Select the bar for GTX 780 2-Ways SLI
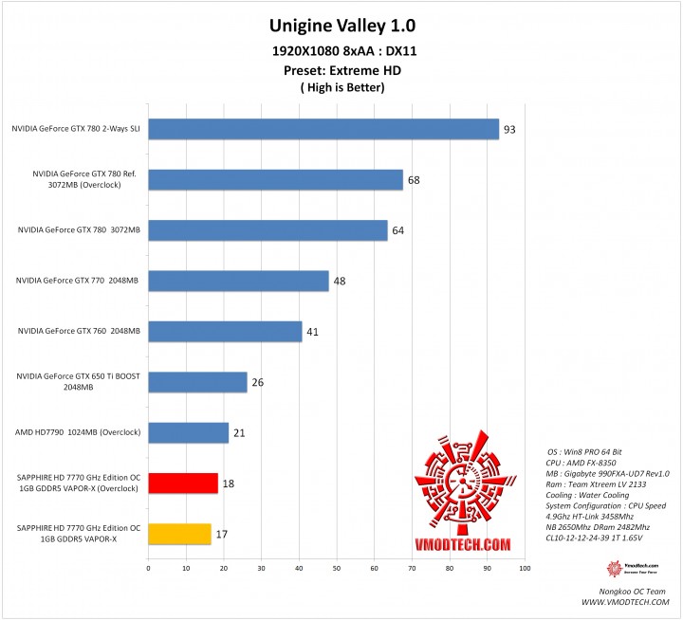click(323, 129)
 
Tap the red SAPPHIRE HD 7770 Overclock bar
click(183, 483)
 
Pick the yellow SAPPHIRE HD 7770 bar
click(179, 534)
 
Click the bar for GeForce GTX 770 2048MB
click(238, 281)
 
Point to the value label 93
click(509, 129)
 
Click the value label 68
click(414, 180)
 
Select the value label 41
click(312, 332)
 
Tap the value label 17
click(222, 535)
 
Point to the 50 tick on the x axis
click(336, 569)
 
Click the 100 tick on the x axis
click(524, 569)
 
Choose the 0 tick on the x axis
click(148, 569)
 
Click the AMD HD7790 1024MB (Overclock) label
click(79, 432)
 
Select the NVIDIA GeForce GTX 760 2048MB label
click(79, 331)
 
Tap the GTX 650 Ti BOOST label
click(79, 381)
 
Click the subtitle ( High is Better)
click(341, 87)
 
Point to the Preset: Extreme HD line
click(341, 69)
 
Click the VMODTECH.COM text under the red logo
click(463, 544)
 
